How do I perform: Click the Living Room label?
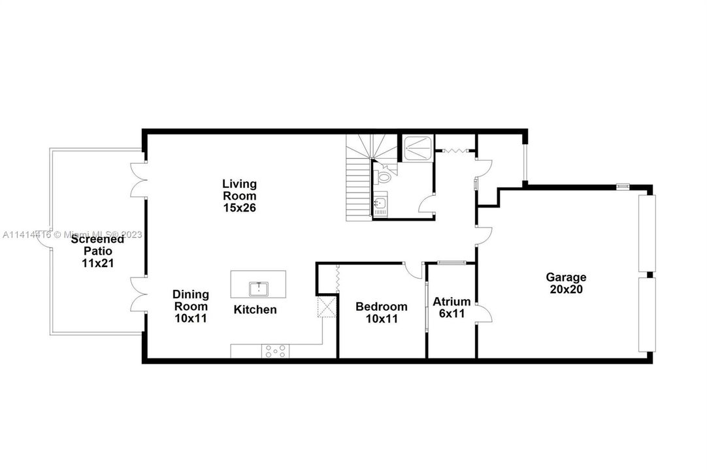239,190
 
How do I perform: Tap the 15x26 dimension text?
239,208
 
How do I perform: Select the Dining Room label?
191,300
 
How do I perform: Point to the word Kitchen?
255,309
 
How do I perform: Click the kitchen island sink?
258,289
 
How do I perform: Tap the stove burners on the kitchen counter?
276,351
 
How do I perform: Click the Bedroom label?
382,307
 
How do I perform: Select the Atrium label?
452,302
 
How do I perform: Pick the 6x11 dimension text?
452,313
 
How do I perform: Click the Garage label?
566,277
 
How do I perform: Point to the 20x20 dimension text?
566,289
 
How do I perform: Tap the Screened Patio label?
97,245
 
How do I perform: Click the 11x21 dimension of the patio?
98,262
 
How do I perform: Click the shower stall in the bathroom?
418,147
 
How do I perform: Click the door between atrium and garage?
484,313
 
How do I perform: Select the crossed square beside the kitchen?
327,307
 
